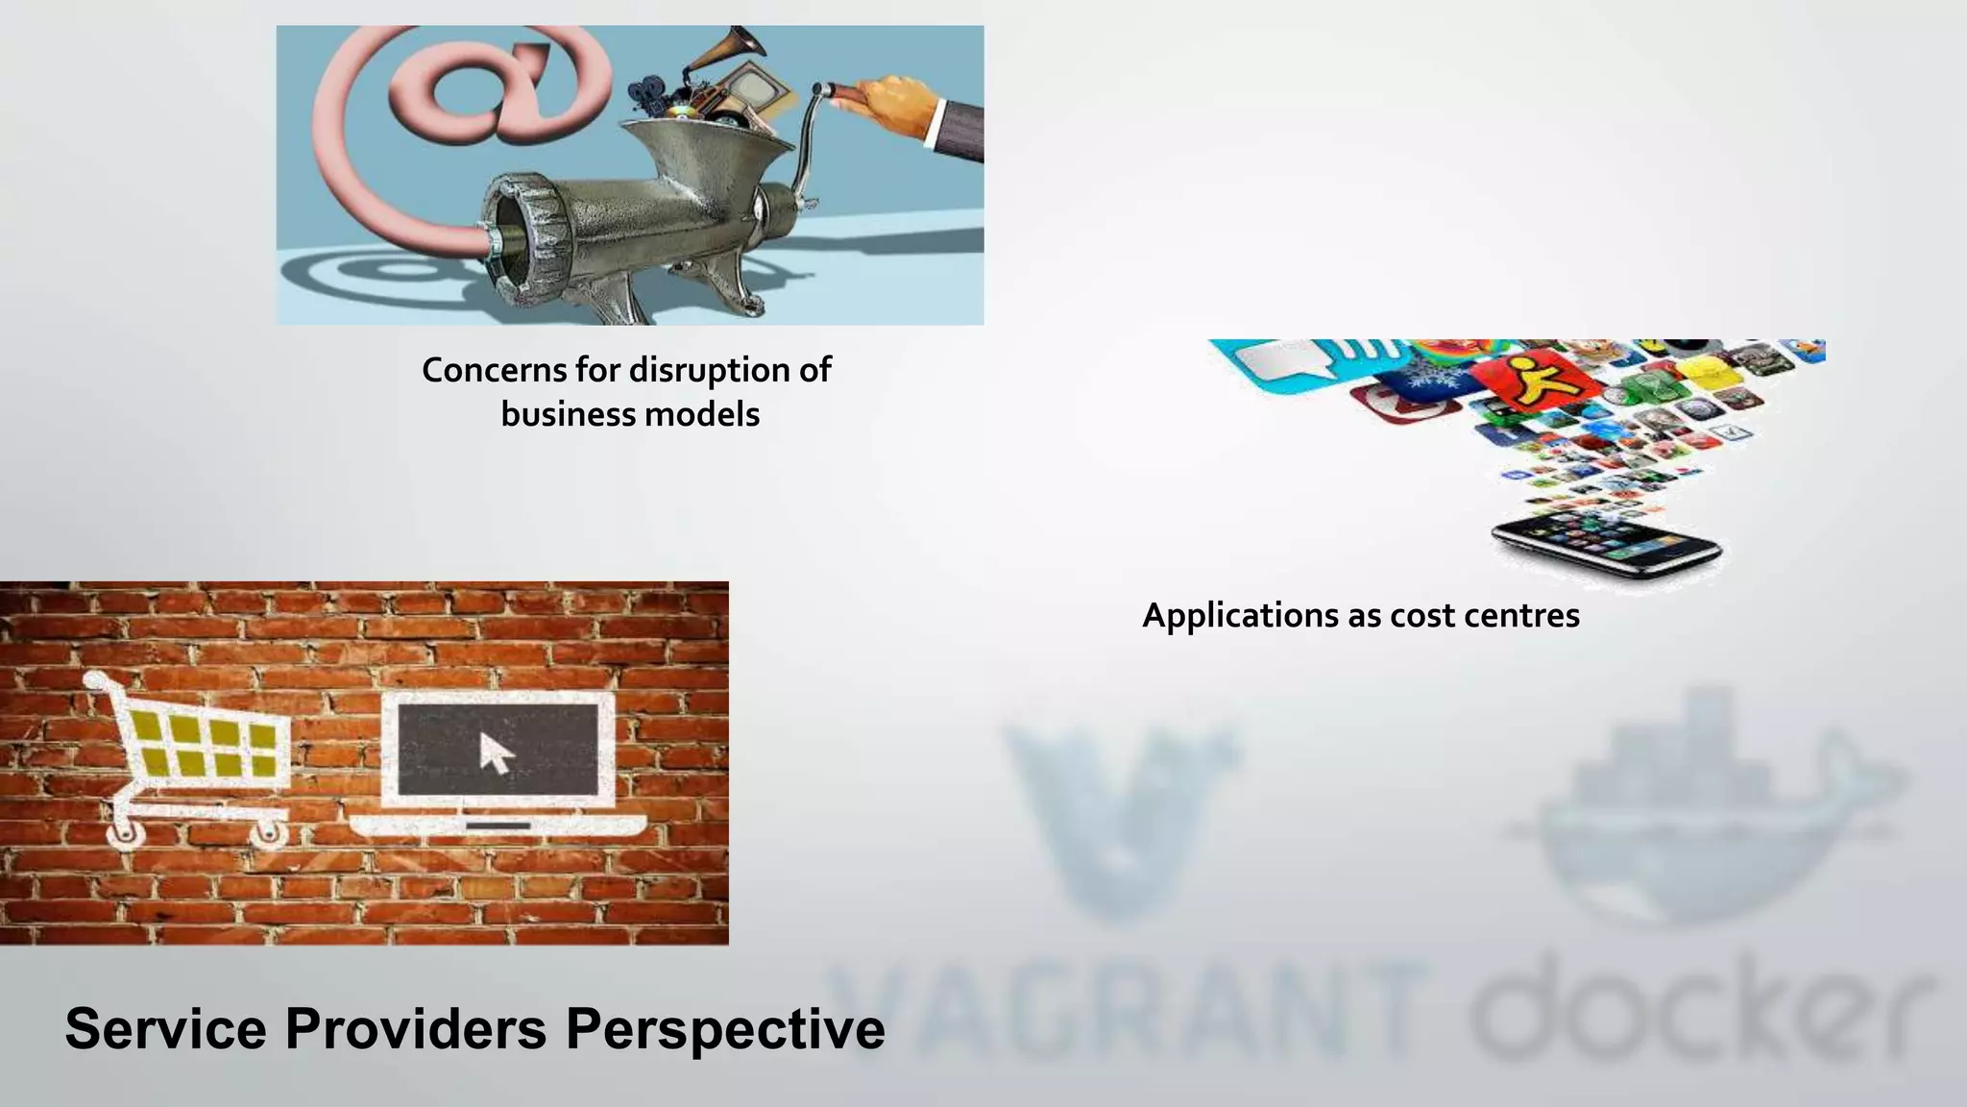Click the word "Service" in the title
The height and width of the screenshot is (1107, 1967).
165,1028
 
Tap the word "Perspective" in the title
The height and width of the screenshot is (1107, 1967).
725,1028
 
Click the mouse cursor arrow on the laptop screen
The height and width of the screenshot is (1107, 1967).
497,753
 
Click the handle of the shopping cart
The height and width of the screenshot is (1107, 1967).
95,680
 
